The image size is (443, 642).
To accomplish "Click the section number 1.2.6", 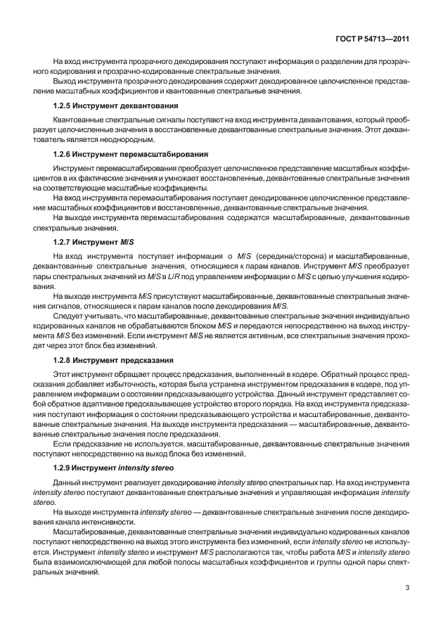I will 64,153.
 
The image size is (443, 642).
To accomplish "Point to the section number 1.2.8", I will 64,360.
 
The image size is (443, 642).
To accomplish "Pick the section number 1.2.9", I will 64,467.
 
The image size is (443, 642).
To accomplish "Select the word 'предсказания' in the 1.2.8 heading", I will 150,360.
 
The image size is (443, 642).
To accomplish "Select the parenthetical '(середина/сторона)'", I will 289,257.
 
